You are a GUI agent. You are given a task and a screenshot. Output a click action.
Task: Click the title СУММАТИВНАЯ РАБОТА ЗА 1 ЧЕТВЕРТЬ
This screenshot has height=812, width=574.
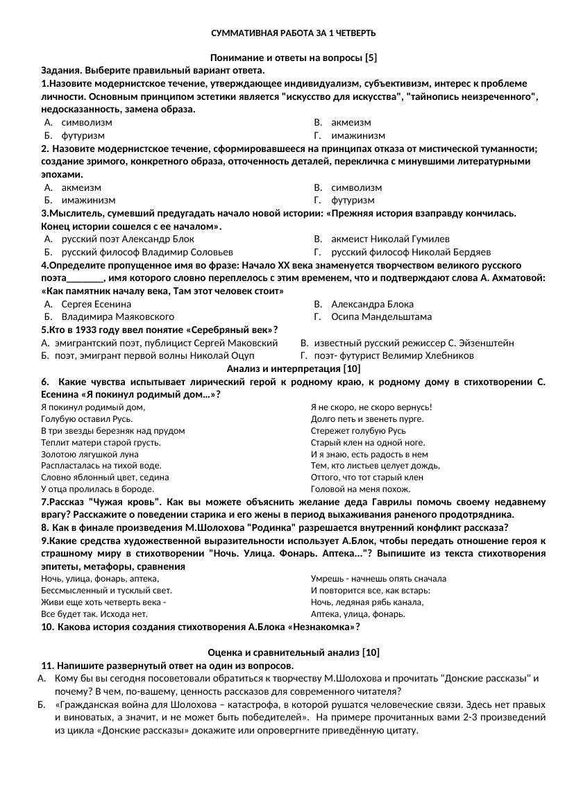[x=294, y=33]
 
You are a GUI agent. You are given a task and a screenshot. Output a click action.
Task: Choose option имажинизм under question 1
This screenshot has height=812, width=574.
[x=358, y=135]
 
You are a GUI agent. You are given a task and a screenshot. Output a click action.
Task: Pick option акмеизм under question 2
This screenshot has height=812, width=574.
[x=81, y=187]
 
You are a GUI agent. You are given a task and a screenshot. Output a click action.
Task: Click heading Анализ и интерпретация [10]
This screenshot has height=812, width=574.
[x=294, y=369]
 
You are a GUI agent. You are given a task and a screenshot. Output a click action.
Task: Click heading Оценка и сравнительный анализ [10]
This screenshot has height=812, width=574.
[x=294, y=652]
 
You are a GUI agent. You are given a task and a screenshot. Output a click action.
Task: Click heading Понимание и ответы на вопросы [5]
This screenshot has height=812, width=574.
[x=294, y=58]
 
